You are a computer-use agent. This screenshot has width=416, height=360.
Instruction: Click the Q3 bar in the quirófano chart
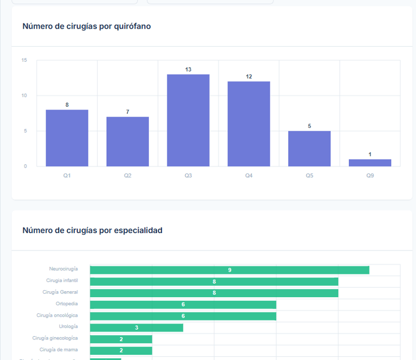coord(188,120)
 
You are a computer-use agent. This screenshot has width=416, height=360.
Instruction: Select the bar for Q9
coord(370,163)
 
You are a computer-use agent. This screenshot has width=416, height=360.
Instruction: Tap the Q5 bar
coord(309,149)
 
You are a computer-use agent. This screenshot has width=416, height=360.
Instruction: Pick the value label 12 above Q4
coord(249,76)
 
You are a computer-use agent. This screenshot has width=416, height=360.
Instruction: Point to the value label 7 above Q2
coord(127,112)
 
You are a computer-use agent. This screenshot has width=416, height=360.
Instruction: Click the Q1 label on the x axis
coord(67,175)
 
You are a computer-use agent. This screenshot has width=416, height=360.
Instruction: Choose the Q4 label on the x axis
coord(249,175)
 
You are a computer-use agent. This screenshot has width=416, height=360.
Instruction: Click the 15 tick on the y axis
coord(24,60)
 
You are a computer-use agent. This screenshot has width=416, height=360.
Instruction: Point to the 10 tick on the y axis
coord(24,95)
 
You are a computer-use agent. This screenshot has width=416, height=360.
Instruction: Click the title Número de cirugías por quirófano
coord(87,26)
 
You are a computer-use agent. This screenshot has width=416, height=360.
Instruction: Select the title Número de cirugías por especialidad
coord(92,230)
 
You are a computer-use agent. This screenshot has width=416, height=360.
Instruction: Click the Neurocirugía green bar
coord(229,270)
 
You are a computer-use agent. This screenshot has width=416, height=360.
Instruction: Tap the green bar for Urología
coord(136,327)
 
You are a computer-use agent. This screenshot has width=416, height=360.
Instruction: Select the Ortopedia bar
coord(183,305)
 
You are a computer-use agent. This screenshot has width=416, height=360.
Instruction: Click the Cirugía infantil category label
coord(62,280)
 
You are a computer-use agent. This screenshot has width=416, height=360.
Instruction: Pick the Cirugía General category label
coord(60,292)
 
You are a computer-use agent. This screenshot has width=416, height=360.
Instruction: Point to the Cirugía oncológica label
coord(57,315)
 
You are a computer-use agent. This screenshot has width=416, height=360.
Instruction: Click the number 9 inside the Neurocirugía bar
coord(230,270)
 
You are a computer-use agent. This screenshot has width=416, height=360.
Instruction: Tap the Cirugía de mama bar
coord(121,351)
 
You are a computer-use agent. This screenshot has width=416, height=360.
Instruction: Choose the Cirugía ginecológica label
coord(55,338)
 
